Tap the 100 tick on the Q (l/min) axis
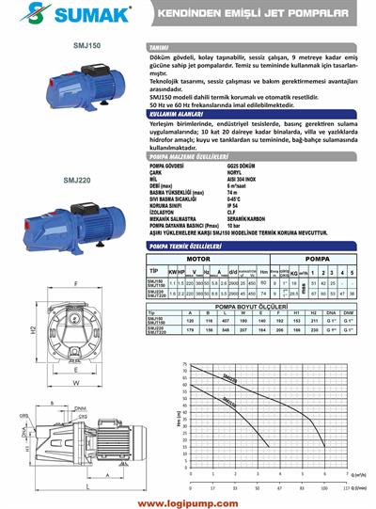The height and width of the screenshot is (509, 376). (323, 489)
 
